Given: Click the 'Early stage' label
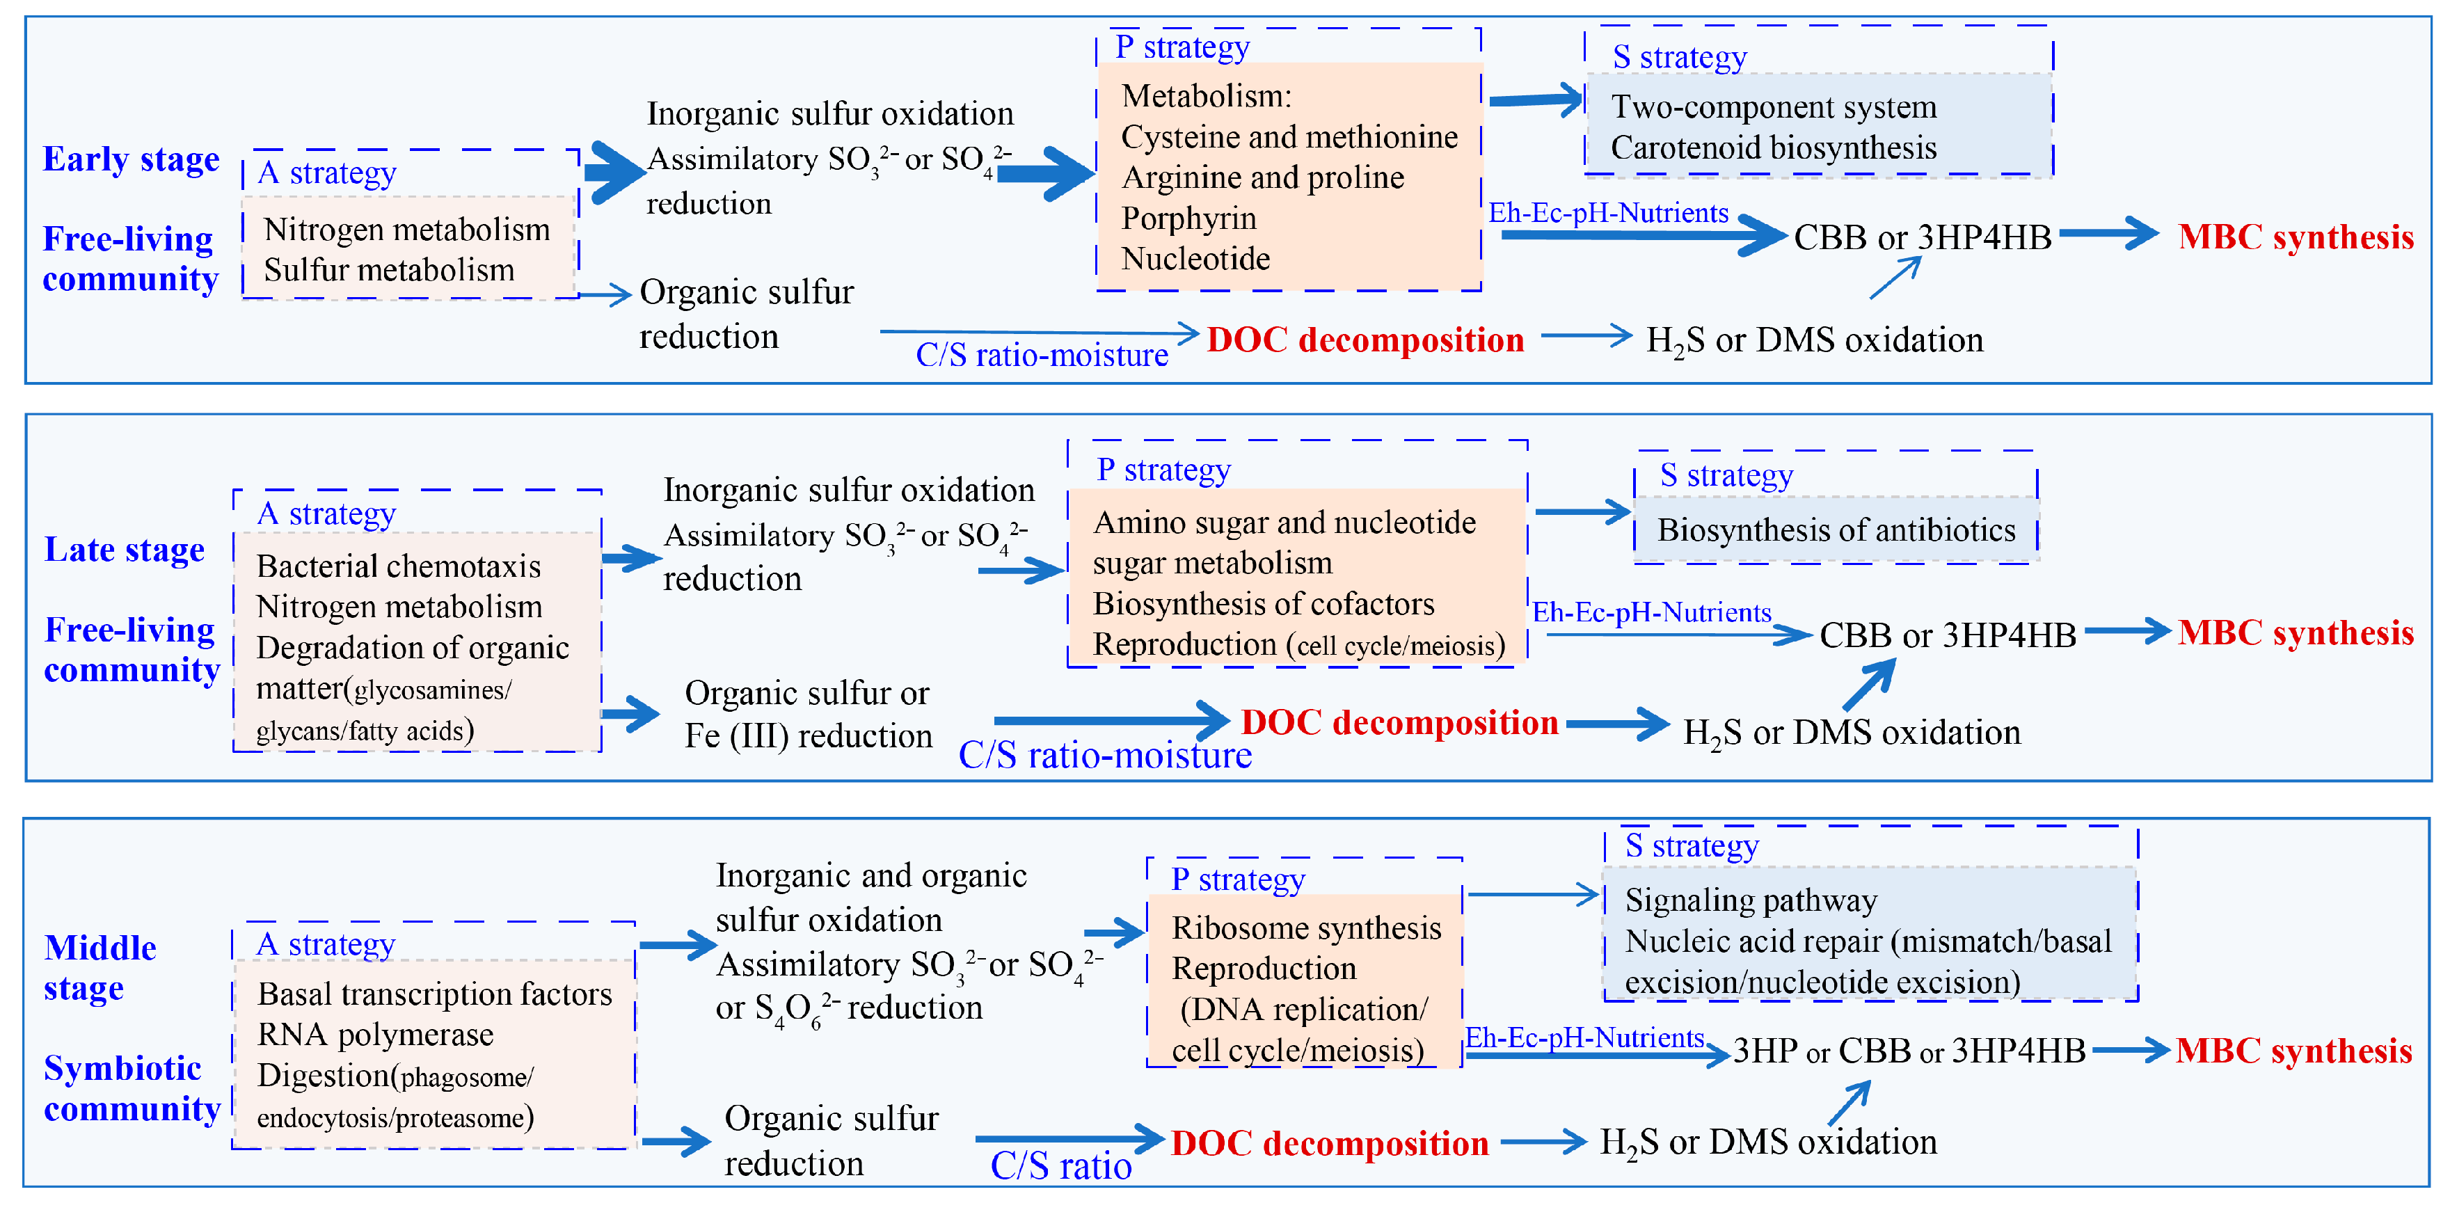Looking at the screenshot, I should (x=132, y=159).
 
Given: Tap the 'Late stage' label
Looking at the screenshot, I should (x=125, y=550).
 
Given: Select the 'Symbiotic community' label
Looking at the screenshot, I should (x=132, y=1088).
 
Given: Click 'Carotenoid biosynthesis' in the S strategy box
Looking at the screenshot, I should (x=1774, y=148).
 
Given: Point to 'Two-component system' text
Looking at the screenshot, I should (x=1774, y=106).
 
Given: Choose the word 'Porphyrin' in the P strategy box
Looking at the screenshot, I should (x=1189, y=218).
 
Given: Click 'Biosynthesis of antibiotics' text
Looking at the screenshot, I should (x=1836, y=530).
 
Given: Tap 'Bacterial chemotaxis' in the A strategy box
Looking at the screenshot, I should (x=399, y=566).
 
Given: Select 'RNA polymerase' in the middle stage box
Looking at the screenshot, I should (x=376, y=1034).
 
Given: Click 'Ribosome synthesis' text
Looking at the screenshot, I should (x=1307, y=928).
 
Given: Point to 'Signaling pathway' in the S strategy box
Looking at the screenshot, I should (x=1751, y=900).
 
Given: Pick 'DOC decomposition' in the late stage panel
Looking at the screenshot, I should (x=1400, y=723).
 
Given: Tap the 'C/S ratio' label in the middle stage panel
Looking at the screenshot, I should (x=1060, y=1166).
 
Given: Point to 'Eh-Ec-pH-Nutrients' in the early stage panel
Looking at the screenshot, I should (x=1608, y=213).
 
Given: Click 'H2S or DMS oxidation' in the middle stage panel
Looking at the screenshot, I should (x=1768, y=1143).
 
